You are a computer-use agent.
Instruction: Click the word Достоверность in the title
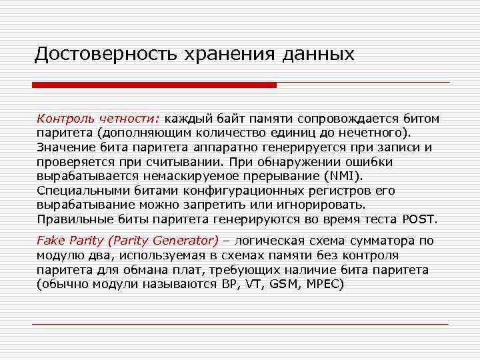[99, 53]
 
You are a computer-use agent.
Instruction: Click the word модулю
[58, 255]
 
